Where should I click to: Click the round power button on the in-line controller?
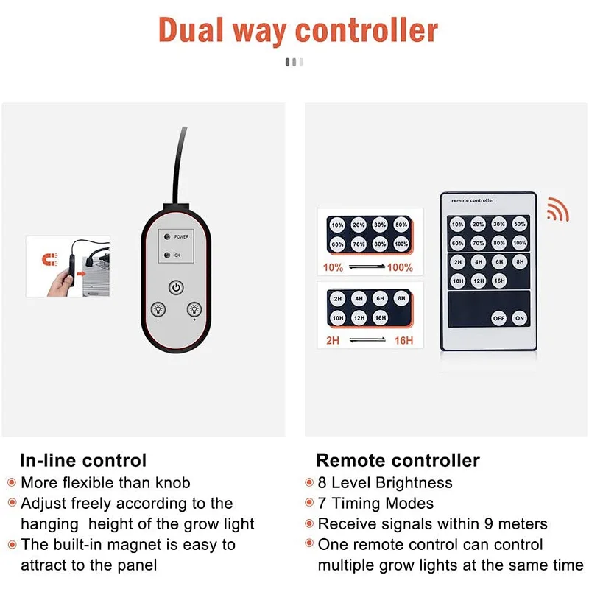[176, 288]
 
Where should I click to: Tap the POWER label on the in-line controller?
[181, 237]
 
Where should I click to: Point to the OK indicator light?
[167, 255]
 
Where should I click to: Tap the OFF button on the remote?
[498, 318]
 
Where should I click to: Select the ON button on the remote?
[520, 318]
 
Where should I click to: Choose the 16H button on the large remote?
[499, 281]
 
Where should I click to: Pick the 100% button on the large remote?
[520, 243]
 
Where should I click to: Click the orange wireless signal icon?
[558, 209]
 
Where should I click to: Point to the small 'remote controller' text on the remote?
[473, 200]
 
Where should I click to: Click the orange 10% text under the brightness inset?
[333, 267]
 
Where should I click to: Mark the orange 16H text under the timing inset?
[403, 340]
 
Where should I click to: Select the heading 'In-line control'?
[83, 460]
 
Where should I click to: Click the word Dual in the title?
[191, 30]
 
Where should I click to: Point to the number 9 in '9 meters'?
[489, 524]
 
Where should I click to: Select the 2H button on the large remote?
[457, 262]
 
